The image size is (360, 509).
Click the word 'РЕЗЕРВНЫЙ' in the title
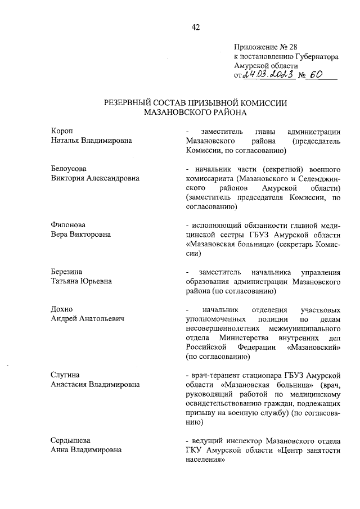pyautogui.click(x=131, y=103)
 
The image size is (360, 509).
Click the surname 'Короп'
pyautogui.click(x=62, y=131)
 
